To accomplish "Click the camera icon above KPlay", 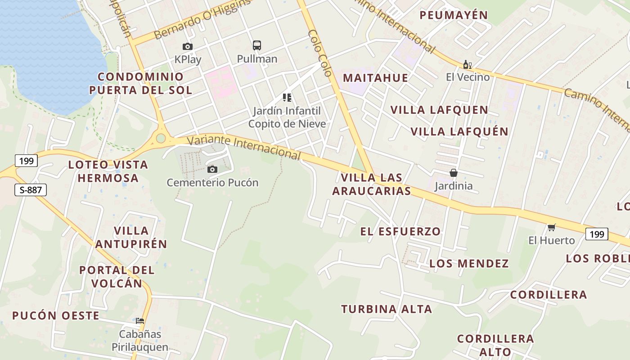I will point(187,46).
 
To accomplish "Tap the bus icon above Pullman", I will point(257,45).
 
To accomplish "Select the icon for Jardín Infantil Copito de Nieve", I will point(287,97).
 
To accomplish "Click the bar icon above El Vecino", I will point(467,65).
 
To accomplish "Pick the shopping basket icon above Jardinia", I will point(453,173).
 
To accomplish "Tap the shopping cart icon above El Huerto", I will point(551,227).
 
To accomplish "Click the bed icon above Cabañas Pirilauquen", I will point(140,321).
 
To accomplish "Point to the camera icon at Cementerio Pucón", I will point(212,169).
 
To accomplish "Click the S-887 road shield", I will point(31,190).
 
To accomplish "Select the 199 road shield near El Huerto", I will point(597,234).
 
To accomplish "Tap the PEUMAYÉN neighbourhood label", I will point(454,15).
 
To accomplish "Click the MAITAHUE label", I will point(375,78).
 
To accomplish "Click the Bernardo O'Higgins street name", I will point(202,19).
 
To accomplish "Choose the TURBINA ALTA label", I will point(387,309).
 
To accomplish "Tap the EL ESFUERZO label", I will point(400,231).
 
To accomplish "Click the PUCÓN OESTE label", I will point(56,315).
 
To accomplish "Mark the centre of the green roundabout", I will point(161,138).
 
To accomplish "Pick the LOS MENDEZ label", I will point(469,263).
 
